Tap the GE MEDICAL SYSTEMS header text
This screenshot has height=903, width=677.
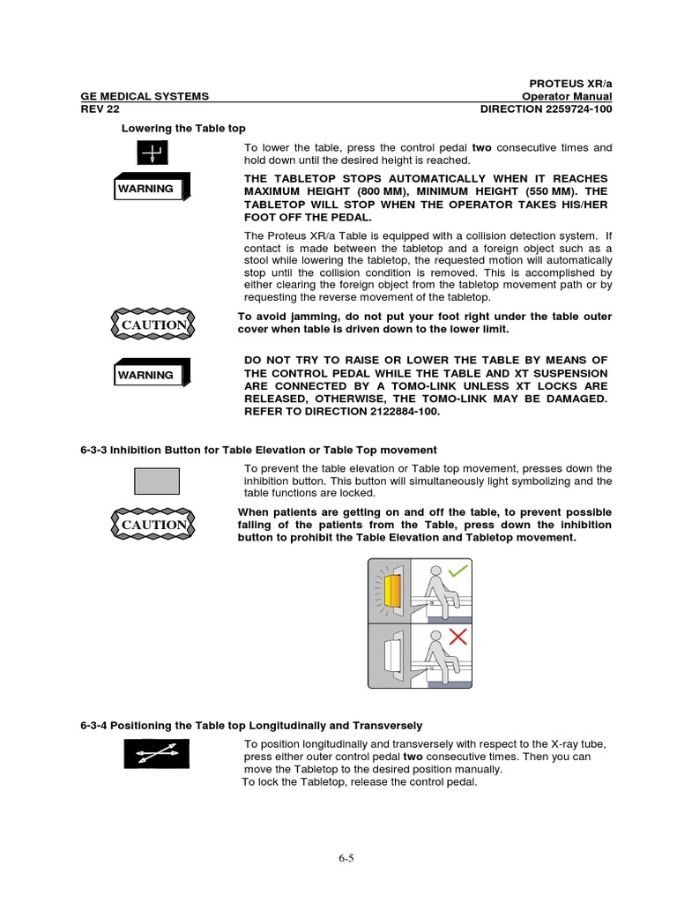click(x=145, y=96)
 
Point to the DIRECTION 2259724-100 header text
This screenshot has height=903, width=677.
click(x=546, y=109)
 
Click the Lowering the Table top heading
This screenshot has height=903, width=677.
click(x=182, y=129)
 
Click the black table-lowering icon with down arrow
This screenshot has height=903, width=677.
click(x=152, y=154)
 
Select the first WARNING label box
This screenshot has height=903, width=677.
click(x=148, y=189)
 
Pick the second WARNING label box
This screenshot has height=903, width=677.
click(x=148, y=375)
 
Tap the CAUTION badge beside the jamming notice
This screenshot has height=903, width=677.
click(x=155, y=325)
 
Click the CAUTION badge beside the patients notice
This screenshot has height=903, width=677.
click(x=155, y=525)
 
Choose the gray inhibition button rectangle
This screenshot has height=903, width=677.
click(x=156, y=481)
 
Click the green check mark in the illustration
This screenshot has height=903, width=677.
click(x=458, y=573)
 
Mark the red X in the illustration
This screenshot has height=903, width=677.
click(x=458, y=637)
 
